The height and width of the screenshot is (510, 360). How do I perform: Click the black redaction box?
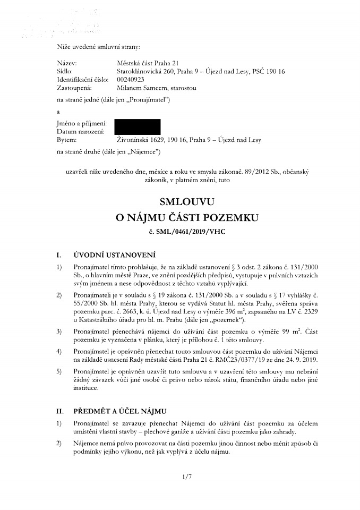point(138,126)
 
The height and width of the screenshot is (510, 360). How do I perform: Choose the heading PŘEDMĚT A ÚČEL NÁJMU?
point(121,411)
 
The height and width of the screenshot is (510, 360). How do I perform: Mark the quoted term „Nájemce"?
point(142,152)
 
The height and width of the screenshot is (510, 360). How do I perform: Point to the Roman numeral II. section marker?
point(61,411)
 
